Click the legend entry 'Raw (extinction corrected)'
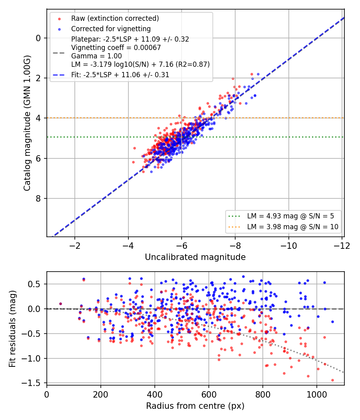click(115, 18)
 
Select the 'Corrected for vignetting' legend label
click(111, 29)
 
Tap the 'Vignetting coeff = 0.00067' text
click(116, 48)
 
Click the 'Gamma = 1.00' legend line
click(96, 56)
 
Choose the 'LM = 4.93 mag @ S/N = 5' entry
click(291, 216)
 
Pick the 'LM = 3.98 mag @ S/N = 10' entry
click(293, 227)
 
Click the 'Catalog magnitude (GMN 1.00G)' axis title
click(27, 123)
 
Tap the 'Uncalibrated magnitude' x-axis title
click(195, 257)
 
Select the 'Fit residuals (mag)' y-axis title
click(12, 329)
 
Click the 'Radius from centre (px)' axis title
click(195, 406)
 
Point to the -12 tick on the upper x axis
click(342, 246)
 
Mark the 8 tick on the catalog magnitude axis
click(38, 198)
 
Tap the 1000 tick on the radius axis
click(317, 394)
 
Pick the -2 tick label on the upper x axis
click(75, 246)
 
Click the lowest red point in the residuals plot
click(333, 380)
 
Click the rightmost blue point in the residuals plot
click(333, 322)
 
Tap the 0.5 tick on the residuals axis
click(34, 284)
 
